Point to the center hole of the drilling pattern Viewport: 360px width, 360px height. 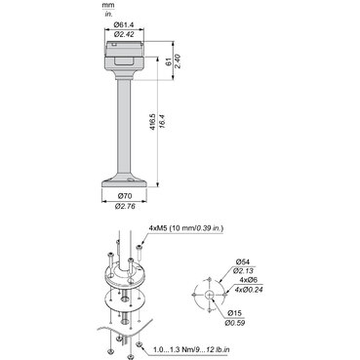pyautogui.click(x=209, y=291)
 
